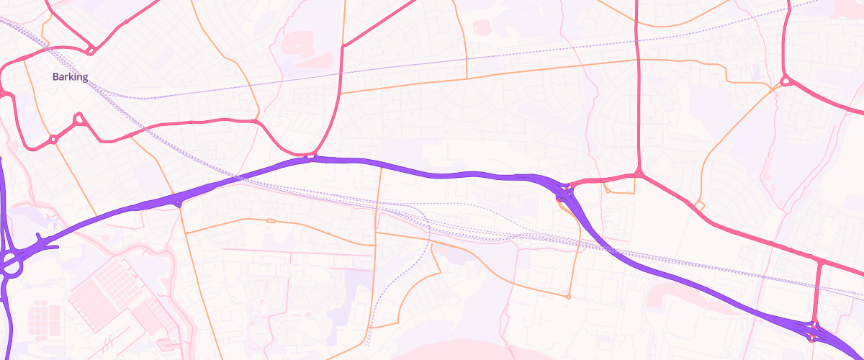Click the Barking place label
tap(70, 77)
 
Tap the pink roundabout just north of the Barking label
tap(91, 50)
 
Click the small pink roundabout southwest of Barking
tap(53, 139)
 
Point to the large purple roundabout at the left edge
tap(11, 263)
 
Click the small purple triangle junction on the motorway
tap(178, 203)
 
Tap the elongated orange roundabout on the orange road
tap(271, 220)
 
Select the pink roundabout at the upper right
tap(785, 81)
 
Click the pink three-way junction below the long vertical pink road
tap(639, 173)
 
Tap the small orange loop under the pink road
tap(608, 191)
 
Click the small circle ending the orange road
tap(569, 297)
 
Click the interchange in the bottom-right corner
tap(814, 330)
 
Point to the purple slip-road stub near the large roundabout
tap(47, 243)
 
